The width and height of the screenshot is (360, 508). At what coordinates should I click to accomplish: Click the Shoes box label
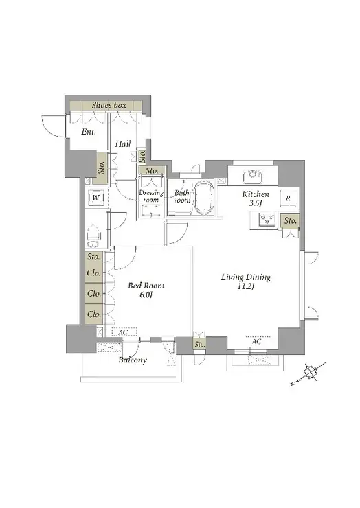tap(109, 105)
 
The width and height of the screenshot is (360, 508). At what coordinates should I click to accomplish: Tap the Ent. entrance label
tap(88, 132)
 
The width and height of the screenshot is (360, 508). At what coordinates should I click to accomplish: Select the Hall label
tap(123, 143)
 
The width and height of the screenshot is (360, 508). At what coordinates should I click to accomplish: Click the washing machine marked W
tap(96, 197)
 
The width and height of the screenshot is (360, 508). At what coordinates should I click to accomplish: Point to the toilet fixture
tap(94, 236)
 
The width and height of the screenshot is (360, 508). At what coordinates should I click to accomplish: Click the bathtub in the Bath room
tap(203, 198)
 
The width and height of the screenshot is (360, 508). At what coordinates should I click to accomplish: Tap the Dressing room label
tap(151, 196)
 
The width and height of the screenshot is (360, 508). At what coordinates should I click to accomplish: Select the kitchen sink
tap(252, 176)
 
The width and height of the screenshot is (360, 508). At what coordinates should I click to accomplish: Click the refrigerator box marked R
tap(289, 198)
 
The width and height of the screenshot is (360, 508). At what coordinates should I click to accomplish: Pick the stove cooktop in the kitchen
tap(267, 220)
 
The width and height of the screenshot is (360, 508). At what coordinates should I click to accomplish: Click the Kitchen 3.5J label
tap(256, 198)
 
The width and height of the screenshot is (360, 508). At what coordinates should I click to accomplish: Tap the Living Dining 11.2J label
tap(245, 281)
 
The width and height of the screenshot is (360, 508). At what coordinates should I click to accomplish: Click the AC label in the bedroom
tap(123, 332)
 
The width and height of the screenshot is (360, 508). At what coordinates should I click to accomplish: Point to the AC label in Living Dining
tap(256, 342)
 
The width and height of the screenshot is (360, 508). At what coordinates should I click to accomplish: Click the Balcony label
tap(133, 360)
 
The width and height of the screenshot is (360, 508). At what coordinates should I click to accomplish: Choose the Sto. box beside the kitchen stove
tap(291, 221)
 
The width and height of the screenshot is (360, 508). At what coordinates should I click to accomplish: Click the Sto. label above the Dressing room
tap(152, 170)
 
